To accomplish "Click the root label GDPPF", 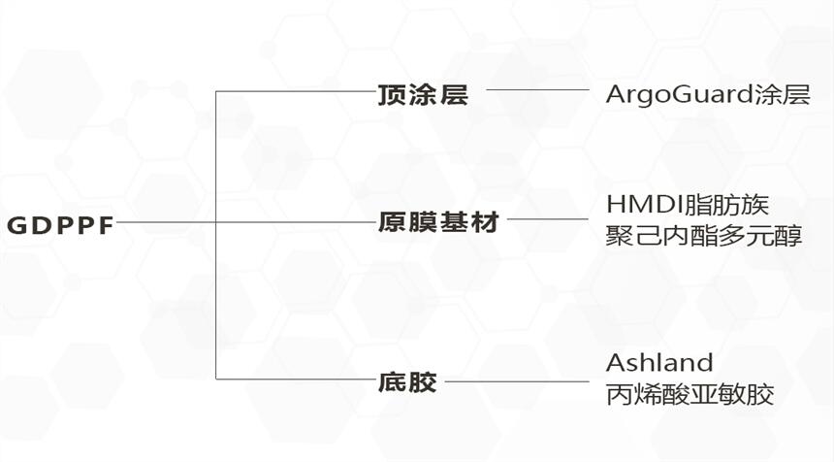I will pyautogui.click(x=60, y=224).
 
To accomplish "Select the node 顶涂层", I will pyautogui.click(x=422, y=95).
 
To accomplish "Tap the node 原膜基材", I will pyautogui.click(x=437, y=223).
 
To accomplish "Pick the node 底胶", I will pyautogui.click(x=407, y=381).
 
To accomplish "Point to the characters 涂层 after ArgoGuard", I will pyautogui.click(x=784, y=95).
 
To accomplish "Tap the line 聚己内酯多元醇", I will pyautogui.click(x=705, y=235).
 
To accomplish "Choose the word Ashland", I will pyautogui.click(x=659, y=363).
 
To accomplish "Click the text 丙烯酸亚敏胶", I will pyautogui.click(x=690, y=394).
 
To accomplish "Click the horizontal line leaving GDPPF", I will pyautogui.click(x=165, y=221).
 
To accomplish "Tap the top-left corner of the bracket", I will pyautogui.click(x=215, y=91).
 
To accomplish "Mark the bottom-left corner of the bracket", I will pyautogui.click(x=215, y=379).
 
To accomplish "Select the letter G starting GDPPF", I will pyautogui.click(x=16, y=224).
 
